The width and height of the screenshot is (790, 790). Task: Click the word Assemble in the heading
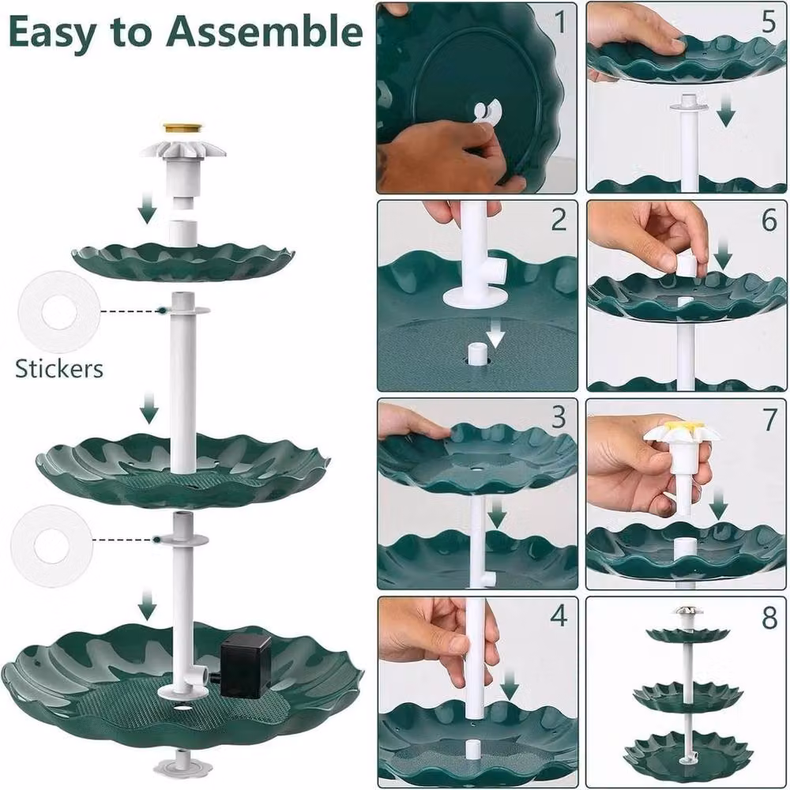265,32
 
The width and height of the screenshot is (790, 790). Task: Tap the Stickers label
59,368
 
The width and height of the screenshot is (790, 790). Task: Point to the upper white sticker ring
59,311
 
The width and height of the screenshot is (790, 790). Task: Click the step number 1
560,23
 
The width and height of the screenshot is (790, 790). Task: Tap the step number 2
559,220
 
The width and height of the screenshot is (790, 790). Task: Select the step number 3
559,417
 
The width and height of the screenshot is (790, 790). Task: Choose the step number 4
559,615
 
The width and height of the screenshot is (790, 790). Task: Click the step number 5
769,23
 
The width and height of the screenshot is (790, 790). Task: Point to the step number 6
769,220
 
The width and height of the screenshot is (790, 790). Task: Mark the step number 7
769,419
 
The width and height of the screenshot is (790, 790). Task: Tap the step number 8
769,618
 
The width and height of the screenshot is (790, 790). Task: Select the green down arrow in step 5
725,113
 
